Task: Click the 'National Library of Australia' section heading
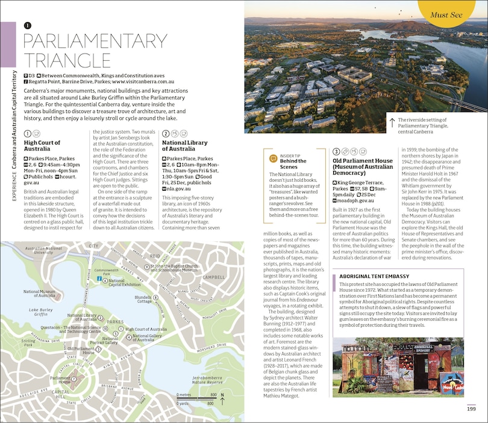click(x=184, y=146)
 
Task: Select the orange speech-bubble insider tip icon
click(x=272, y=158)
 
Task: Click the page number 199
click(x=471, y=410)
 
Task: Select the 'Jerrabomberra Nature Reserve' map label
click(x=207, y=379)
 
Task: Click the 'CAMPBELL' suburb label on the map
click(x=213, y=277)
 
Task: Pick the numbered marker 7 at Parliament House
click(x=74, y=378)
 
